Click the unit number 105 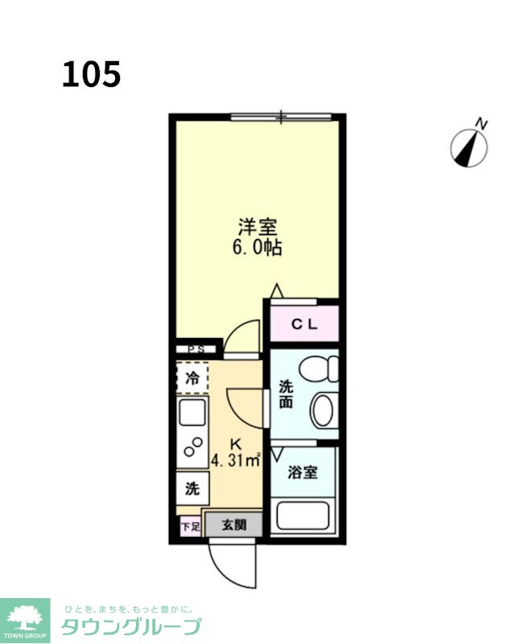(x=91, y=74)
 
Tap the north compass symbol (x=469, y=145)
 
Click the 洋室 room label (x=258, y=227)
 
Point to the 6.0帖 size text (x=257, y=247)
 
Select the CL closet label (x=304, y=324)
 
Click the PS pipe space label (x=196, y=349)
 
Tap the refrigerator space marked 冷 (x=192, y=378)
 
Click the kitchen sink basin (x=192, y=412)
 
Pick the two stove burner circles (x=193, y=447)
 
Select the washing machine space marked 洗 (x=192, y=489)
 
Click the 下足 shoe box (x=191, y=526)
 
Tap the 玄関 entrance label (x=233, y=525)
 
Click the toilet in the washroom (x=319, y=369)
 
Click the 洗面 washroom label (x=286, y=394)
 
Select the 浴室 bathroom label (x=303, y=473)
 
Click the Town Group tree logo (x=25, y=621)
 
